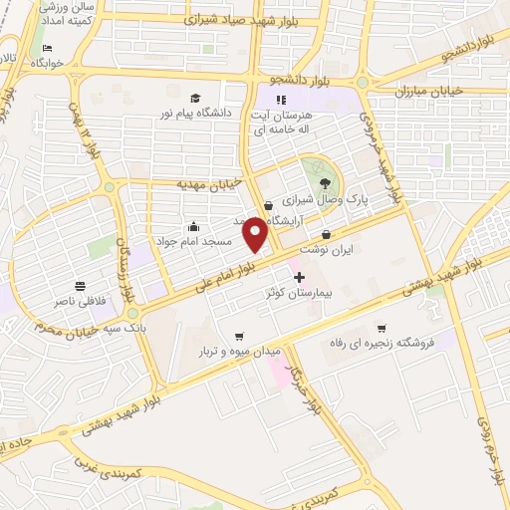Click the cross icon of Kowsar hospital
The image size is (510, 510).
click(298, 275)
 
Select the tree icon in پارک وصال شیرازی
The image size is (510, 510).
click(325, 181)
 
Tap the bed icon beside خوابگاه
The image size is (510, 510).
click(47, 49)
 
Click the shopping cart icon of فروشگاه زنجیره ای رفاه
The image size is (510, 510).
click(380, 329)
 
